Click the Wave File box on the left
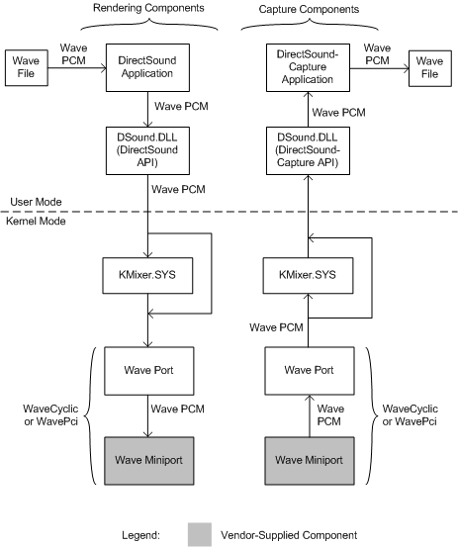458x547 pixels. [26, 68]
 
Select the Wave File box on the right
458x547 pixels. [425, 68]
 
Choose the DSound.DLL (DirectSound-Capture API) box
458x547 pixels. [304, 152]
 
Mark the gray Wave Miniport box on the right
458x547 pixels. [304, 459]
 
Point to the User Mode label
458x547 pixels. [36, 201]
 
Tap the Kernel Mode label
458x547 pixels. [38, 222]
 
